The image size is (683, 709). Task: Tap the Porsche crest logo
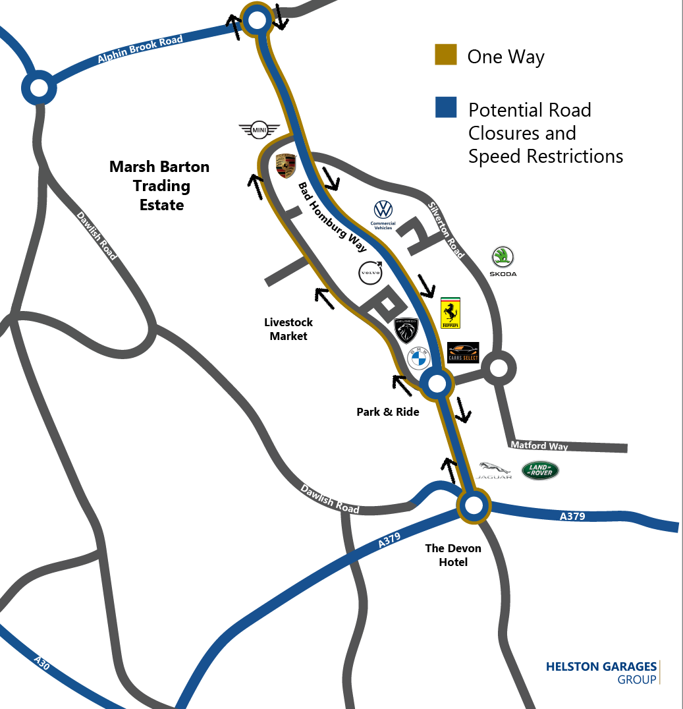tap(285, 165)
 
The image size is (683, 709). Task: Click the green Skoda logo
tap(503, 260)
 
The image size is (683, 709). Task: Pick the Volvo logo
tap(371, 273)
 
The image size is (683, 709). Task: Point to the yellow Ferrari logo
tap(450, 312)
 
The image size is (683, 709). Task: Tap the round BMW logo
tap(419, 359)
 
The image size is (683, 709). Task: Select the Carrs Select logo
tap(463, 353)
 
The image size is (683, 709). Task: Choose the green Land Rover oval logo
tap(540, 470)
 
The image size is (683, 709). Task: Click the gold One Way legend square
tap(446, 55)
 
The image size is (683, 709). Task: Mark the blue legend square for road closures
tap(446, 107)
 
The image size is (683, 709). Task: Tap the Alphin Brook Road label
tap(140, 49)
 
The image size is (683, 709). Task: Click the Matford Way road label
tap(539, 446)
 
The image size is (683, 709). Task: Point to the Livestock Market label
tap(288, 329)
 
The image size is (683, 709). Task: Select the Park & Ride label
tap(388, 412)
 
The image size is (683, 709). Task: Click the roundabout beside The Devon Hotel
tap(474, 506)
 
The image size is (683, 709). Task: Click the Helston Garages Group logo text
tap(601, 672)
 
